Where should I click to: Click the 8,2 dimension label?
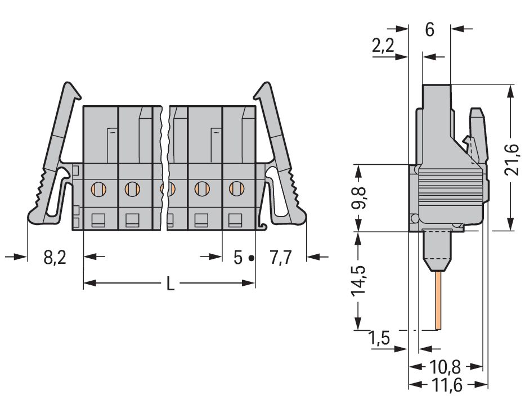[x=55, y=258]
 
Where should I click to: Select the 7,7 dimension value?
[x=280, y=258]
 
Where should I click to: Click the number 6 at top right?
[x=429, y=30]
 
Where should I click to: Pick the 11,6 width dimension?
[x=445, y=385]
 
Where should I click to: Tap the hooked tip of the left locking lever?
[x=70, y=88]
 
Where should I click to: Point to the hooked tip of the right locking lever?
[x=263, y=88]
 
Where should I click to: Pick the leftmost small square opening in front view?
[x=98, y=219]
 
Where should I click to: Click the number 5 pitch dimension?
[x=237, y=258]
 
